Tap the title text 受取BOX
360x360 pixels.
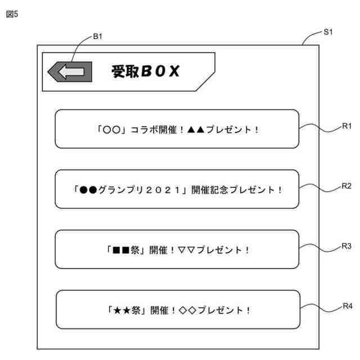145,71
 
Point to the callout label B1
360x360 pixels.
97,37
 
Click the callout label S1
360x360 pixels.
328,32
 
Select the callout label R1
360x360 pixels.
346,127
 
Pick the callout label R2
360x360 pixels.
346,186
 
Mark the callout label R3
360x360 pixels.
346,246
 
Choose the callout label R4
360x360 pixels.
346,306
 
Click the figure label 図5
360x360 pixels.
12,14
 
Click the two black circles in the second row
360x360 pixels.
88,190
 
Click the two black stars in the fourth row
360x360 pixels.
122,310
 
